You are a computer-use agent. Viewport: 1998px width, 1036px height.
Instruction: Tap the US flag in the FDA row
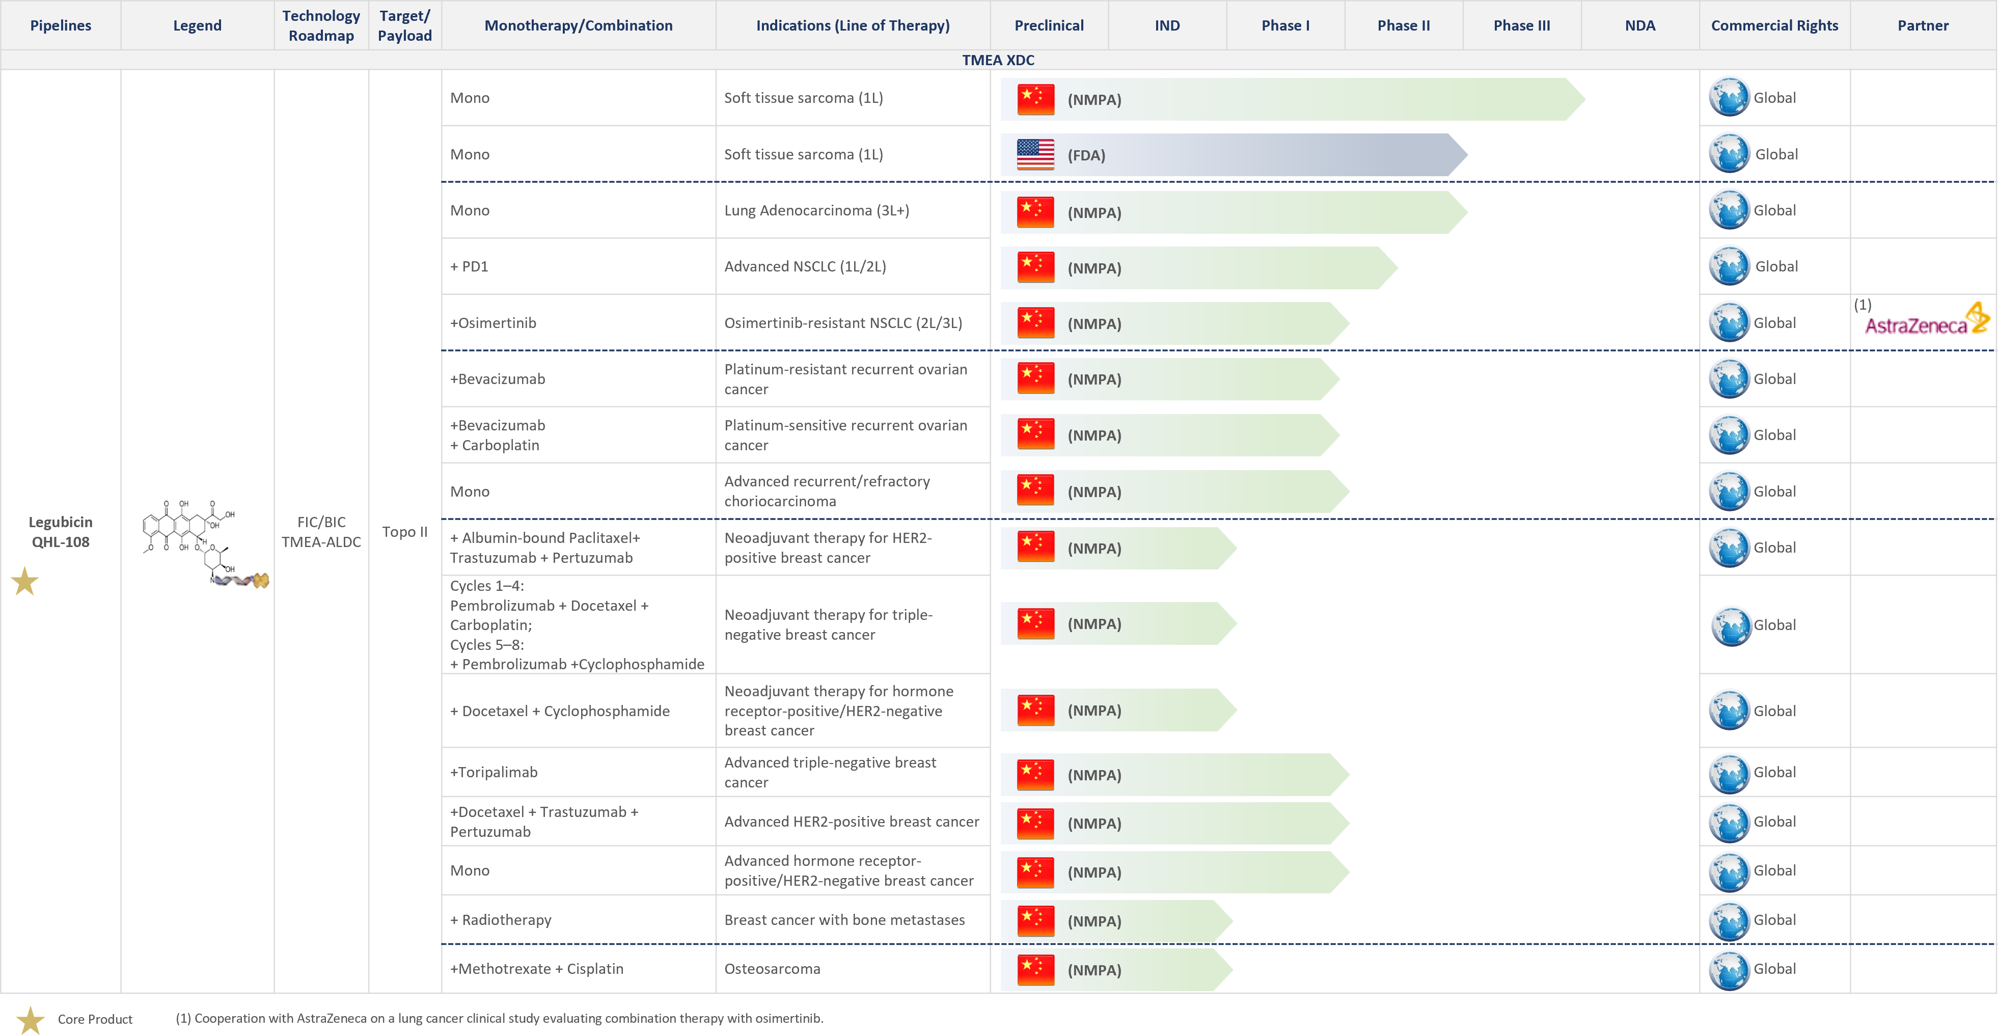click(x=1035, y=154)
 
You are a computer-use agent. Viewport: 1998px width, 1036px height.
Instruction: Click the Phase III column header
click(x=1522, y=25)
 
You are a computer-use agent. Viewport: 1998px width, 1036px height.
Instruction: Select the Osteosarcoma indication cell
click(x=773, y=969)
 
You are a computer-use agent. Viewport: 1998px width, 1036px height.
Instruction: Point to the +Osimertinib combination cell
click(x=494, y=322)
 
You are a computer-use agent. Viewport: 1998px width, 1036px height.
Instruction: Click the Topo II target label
click(x=405, y=532)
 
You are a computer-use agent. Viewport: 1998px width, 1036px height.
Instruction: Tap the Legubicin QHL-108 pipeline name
click(x=61, y=532)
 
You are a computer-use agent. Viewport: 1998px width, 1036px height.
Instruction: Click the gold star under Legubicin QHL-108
click(x=25, y=582)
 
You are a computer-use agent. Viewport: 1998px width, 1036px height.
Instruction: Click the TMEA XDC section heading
click(x=998, y=60)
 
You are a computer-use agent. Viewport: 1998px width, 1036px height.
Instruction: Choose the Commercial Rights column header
click(x=1774, y=25)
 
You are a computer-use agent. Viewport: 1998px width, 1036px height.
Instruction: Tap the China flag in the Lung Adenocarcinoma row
click(x=1035, y=212)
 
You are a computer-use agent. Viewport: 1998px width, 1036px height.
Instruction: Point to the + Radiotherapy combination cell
click(x=501, y=920)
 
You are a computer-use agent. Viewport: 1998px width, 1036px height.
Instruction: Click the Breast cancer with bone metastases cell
click(x=844, y=920)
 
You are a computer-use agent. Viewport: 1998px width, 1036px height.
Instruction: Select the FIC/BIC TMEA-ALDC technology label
click(x=321, y=532)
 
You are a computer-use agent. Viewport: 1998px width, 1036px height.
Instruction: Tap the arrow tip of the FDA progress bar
click(x=1467, y=154)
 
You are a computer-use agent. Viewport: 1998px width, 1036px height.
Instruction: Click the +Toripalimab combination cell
click(x=494, y=772)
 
